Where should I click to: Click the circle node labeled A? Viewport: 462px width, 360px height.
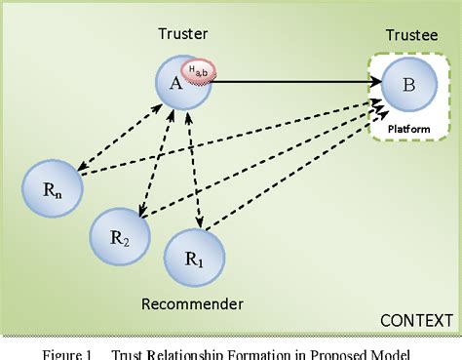pos(178,84)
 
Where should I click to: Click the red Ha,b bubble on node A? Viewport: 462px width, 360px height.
pos(199,69)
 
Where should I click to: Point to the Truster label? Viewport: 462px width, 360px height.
pos(183,34)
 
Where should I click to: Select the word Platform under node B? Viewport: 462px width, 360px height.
pos(408,128)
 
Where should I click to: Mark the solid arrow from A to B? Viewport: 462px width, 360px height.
pos(292,82)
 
